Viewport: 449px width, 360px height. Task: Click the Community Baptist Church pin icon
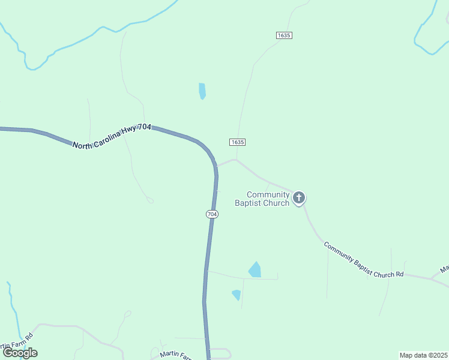click(x=299, y=197)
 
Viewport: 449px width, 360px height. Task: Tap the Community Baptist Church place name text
click(x=268, y=199)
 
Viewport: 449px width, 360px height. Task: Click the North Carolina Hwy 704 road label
click(x=112, y=136)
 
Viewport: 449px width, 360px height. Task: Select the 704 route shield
click(x=211, y=214)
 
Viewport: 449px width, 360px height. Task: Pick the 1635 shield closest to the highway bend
click(x=237, y=142)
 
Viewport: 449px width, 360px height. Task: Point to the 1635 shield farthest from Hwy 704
click(x=284, y=36)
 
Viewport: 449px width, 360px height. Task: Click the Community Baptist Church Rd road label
click(x=363, y=260)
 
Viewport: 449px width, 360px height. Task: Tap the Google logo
click(x=20, y=353)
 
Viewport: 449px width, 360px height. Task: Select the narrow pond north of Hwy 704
click(x=202, y=91)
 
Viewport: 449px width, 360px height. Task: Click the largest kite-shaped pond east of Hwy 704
click(x=255, y=270)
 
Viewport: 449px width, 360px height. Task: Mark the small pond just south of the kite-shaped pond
click(x=237, y=295)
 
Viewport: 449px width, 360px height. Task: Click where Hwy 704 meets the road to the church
click(x=216, y=165)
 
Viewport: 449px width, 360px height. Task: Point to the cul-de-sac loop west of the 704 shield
click(x=150, y=200)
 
